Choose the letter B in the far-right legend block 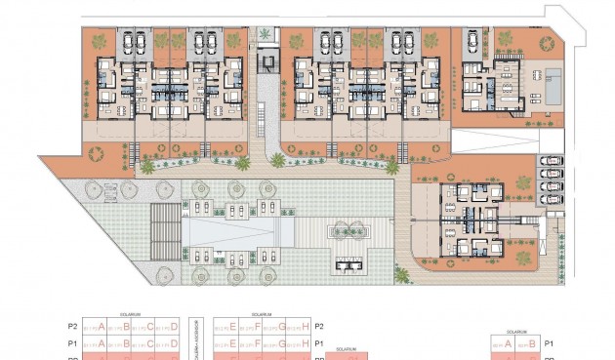point(532,343)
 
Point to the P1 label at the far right point(549,343)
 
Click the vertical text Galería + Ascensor point(197,337)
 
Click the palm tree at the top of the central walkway point(265,36)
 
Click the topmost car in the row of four point(549,161)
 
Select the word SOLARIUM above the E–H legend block point(260,315)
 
